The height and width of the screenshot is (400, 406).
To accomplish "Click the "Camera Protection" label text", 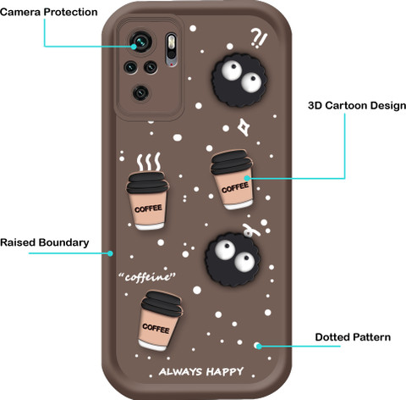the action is (x=49, y=12).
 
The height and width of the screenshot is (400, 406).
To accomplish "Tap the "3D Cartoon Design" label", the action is (x=357, y=106).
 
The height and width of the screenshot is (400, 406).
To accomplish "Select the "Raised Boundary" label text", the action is (x=45, y=242).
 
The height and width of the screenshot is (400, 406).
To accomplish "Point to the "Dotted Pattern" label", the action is (x=353, y=337).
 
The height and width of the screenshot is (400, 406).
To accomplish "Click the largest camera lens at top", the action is (x=140, y=42).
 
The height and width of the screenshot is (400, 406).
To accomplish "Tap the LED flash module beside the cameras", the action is (x=171, y=50).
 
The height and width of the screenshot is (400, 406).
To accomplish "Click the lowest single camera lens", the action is (x=140, y=92).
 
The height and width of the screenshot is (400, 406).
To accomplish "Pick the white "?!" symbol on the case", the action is (x=259, y=38).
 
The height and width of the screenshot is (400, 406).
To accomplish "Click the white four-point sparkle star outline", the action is (x=244, y=127).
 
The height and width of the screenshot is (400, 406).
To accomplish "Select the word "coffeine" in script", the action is (x=147, y=277).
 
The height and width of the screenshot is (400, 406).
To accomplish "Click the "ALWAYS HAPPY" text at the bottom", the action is (x=201, y=371).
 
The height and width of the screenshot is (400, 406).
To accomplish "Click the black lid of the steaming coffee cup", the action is (x=147, y=182).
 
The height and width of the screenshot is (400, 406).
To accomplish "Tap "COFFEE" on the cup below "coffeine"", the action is (x=156, y=329).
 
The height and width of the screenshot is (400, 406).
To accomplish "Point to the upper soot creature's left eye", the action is (x=232, y=69).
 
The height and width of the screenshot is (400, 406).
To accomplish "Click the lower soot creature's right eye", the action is (x=244, y=261).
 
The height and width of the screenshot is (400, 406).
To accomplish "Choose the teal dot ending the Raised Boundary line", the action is (x=110, y=253).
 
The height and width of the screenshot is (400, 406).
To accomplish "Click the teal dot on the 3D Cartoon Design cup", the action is (x=247, y=178).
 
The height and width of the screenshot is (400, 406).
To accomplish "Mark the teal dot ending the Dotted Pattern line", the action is (x=258, y=346).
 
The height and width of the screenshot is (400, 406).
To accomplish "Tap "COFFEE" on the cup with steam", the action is (x=148, y=208).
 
